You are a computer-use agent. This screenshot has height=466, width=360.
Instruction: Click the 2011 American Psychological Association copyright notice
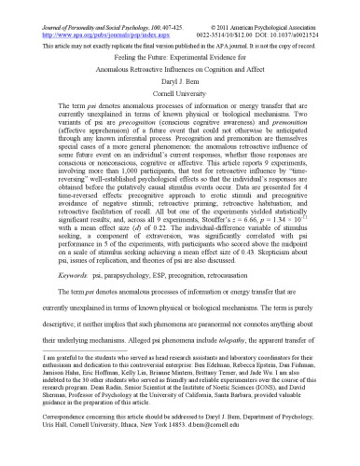click(x=281, y=5)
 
